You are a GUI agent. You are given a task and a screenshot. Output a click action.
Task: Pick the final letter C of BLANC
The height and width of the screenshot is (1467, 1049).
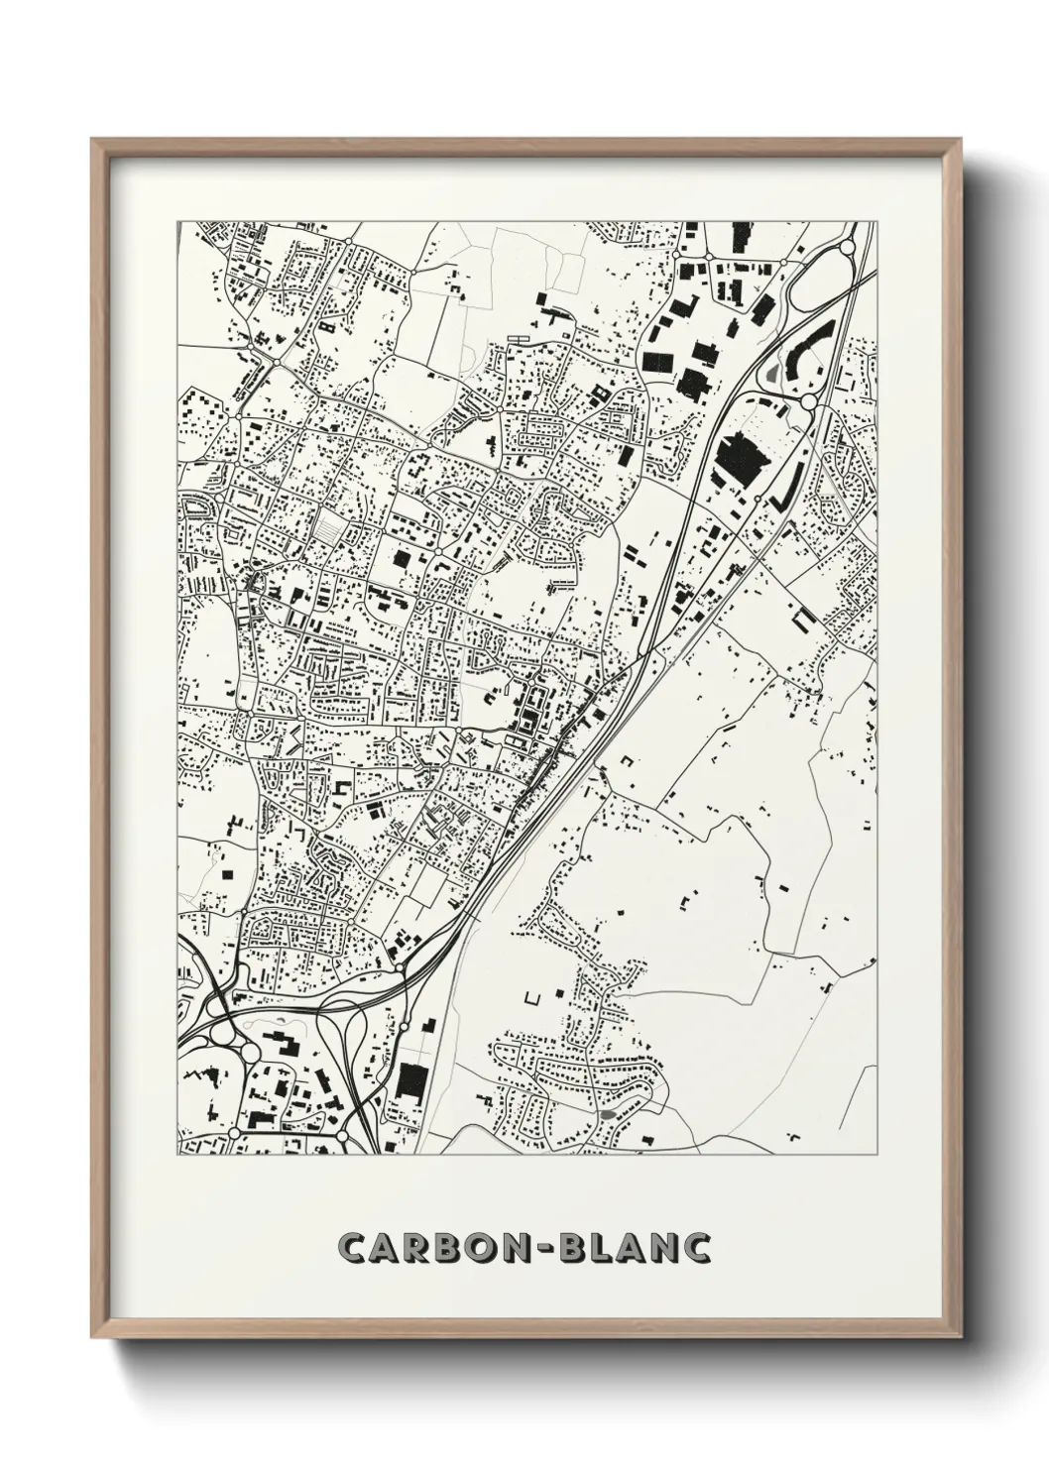(x=698, y=1249)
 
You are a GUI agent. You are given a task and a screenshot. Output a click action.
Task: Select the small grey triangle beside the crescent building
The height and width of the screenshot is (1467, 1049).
(x=773, y=375)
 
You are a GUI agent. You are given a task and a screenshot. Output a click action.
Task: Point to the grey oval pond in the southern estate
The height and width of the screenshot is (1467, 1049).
(x=606, y=1113)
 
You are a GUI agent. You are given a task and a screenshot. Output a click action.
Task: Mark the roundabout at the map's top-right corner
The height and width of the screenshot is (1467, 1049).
(x=849, y=247)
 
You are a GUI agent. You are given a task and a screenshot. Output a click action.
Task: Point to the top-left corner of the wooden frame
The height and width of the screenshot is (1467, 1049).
(x=93, y=140)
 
